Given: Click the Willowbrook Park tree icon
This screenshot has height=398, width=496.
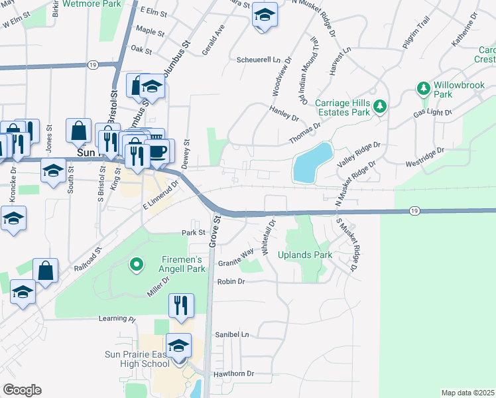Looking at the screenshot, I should (x=423, y=88).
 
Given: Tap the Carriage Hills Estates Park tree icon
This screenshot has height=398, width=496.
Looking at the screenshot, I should (x=379, y=106).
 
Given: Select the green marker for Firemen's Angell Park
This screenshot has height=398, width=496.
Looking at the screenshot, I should (x=137, y=265).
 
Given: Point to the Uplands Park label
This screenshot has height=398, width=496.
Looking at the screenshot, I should (x=304, y=255).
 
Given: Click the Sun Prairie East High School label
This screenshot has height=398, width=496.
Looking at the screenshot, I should (x=145, y=358).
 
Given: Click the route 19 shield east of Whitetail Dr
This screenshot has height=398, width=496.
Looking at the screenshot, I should (x=414, y=210).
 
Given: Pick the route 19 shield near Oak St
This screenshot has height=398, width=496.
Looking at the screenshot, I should (x=93, y=64).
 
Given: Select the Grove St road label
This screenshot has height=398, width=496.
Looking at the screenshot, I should (x=214, y=233).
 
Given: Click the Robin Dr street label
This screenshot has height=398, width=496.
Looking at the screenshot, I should (x=231, y=282).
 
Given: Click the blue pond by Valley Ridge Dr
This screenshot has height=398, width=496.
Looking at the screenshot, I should (x=312, y=163).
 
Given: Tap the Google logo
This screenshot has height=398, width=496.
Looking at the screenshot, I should (x=22, y=390).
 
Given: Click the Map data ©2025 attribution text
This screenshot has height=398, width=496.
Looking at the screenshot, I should (x=467, y=393).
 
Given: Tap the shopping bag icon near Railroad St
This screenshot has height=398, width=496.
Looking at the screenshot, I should (x=45, y=271).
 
